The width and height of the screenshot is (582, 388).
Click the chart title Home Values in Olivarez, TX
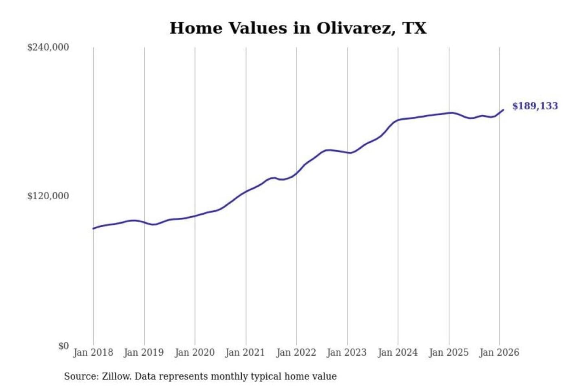[x=298, y=28]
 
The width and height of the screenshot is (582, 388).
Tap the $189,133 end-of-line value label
[x=535, y=106]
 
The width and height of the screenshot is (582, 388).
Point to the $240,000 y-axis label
[x=48, y=47]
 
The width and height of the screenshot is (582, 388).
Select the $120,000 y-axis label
[x=48, y=196]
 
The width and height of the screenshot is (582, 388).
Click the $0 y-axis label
[x=63, y=346]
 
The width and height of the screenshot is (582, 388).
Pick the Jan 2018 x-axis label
[x=93, y=352]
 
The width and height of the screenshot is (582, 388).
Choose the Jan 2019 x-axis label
[x=143, y=352]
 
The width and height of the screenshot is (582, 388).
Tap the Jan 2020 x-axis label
[x=194, y=352]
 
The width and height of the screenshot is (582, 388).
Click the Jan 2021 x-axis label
[x=245, y=352]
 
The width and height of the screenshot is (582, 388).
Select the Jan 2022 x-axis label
[x=296, y=352]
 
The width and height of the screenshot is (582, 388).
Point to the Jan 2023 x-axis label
[x=346, y=352]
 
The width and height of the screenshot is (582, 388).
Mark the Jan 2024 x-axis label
[x=397, y=352]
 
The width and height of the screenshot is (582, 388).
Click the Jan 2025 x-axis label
[x=448, y=352]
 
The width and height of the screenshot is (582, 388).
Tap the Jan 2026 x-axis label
[x=499, y=352]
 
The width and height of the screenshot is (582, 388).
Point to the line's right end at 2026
[x=503, y=110]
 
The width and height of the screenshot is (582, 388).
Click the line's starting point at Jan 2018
[x=93, y=228]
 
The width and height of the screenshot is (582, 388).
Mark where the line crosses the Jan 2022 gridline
[x=296, y=173]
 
